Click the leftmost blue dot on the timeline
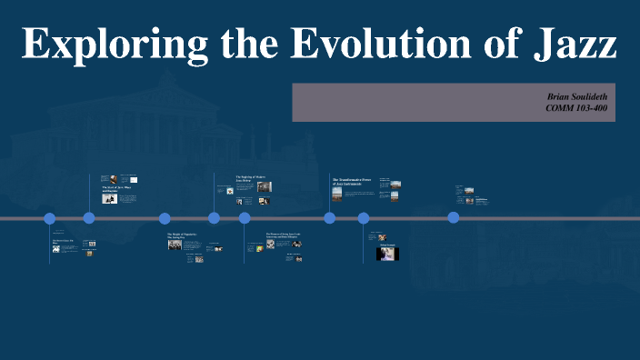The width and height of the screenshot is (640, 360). point(50,218)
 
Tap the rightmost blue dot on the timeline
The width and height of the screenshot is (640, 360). point(454,217)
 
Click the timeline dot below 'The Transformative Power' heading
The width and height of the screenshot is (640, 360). point(330,217)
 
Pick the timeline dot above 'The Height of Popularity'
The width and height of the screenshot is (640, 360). point(165,218)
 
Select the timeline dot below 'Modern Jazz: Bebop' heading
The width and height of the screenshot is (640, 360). point(215,217)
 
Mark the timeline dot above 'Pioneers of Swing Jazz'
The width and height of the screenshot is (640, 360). point(245,218)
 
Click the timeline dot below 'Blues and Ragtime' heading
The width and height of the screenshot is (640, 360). point(89,217)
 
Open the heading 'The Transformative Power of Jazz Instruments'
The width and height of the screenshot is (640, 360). point(349,182)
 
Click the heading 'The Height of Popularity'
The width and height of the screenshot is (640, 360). point(182,235)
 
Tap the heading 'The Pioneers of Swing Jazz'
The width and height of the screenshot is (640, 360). point(283,235)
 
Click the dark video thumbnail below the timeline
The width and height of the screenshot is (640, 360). point(387,254)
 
